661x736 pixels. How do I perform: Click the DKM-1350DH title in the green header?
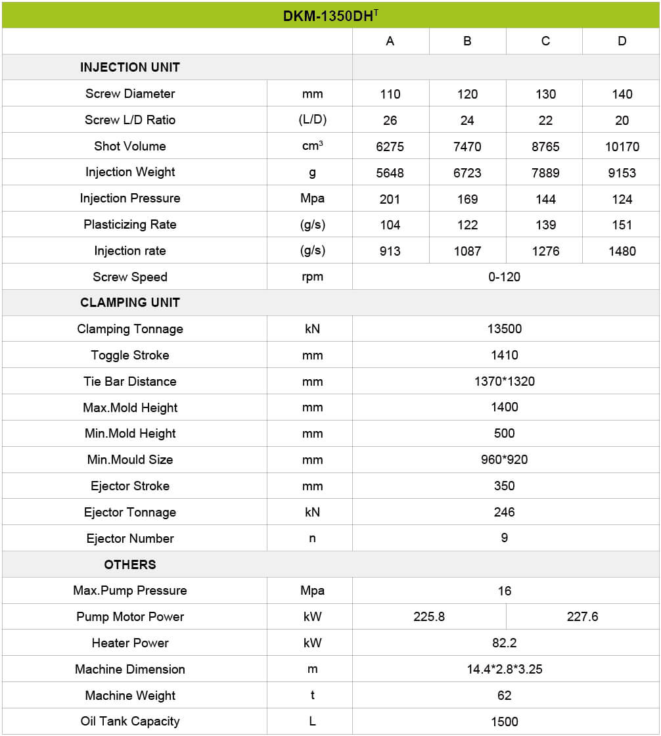(330, 16)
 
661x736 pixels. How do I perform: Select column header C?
(545, 41)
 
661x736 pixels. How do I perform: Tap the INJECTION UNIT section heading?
(130, 68)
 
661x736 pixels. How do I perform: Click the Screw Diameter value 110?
(390, 94)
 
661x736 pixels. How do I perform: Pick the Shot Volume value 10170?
(622, 147)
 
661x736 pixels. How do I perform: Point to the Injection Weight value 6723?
(467, 173)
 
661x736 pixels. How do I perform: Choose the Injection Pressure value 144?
(545, 199)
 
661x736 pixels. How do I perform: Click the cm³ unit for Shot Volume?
(312, 146)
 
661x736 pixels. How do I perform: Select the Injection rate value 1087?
(467, 251)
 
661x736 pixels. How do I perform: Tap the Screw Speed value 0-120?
(504, 277)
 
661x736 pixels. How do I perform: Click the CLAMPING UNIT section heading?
(130, 303)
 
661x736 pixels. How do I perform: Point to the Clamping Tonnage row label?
(130, 329)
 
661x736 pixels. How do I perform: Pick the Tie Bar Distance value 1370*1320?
(504, 382)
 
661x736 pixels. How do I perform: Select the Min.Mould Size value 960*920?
(504, 460)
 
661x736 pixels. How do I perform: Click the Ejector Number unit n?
(312, 539)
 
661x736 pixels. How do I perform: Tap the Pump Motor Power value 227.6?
(582, 617)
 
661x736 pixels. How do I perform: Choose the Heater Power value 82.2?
(504, 643)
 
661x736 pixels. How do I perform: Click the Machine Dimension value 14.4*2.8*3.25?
(504, 670)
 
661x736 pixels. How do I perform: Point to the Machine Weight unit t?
(312, 695)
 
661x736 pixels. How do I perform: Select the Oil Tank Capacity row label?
(130, 722)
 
